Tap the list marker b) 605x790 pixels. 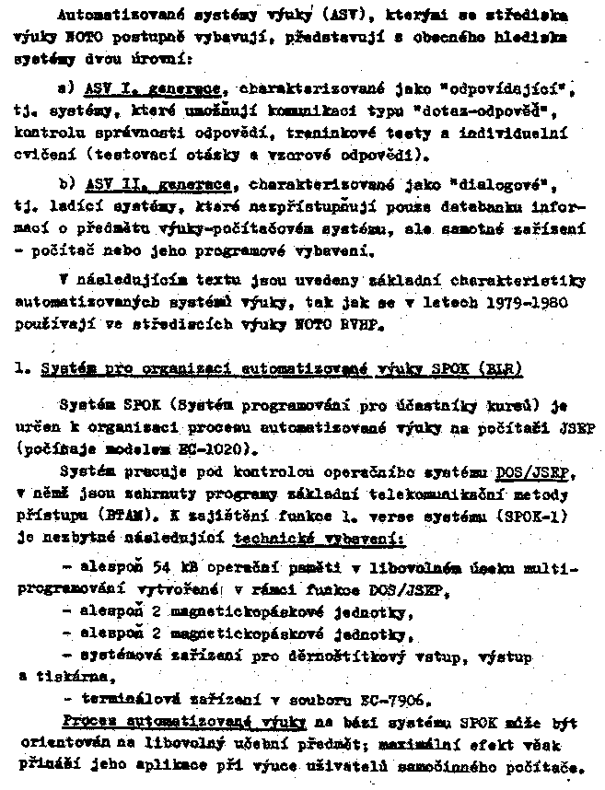[x=64, y=184]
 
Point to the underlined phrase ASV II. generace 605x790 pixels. [x=157, y=184]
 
